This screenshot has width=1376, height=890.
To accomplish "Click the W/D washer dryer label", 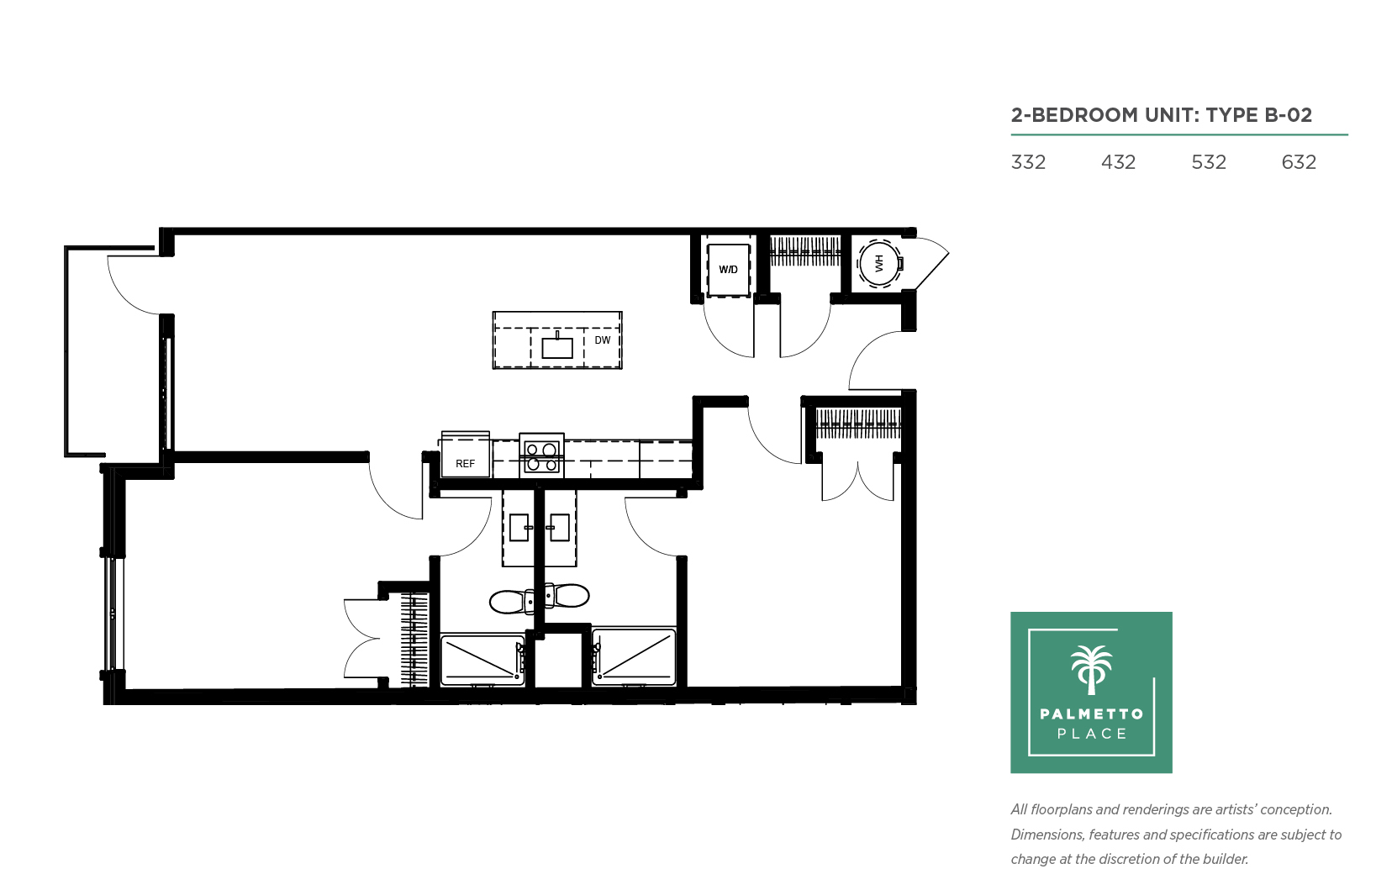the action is coord(728,270).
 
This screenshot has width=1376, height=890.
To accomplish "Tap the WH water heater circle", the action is coord(879,264).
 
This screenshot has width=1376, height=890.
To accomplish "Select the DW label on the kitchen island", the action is coord(602,340).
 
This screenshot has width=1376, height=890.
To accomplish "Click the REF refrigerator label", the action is coord(465,464).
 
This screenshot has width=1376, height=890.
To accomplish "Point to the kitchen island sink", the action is coord(557,347).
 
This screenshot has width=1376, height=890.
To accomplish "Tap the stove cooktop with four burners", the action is coord(541,456).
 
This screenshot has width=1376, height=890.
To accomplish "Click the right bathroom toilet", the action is coord(567,595).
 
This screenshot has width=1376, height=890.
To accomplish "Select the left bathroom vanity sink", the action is coord(519,528).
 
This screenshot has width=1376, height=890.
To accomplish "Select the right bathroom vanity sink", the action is coord(559,528).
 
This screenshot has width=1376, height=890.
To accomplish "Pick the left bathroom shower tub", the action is coord(482,661).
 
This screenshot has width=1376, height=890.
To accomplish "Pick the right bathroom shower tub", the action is coord(634,656).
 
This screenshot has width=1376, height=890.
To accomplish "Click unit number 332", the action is coord(1028,162).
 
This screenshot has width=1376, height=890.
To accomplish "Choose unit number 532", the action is coord(1208,162).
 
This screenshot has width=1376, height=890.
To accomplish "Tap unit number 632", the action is coord(1299,162).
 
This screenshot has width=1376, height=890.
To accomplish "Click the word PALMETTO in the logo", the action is coord(1092,714).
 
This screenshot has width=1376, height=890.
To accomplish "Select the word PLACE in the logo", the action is coord(1092,734).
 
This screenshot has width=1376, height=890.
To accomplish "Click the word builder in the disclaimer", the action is coord(1226,859).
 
